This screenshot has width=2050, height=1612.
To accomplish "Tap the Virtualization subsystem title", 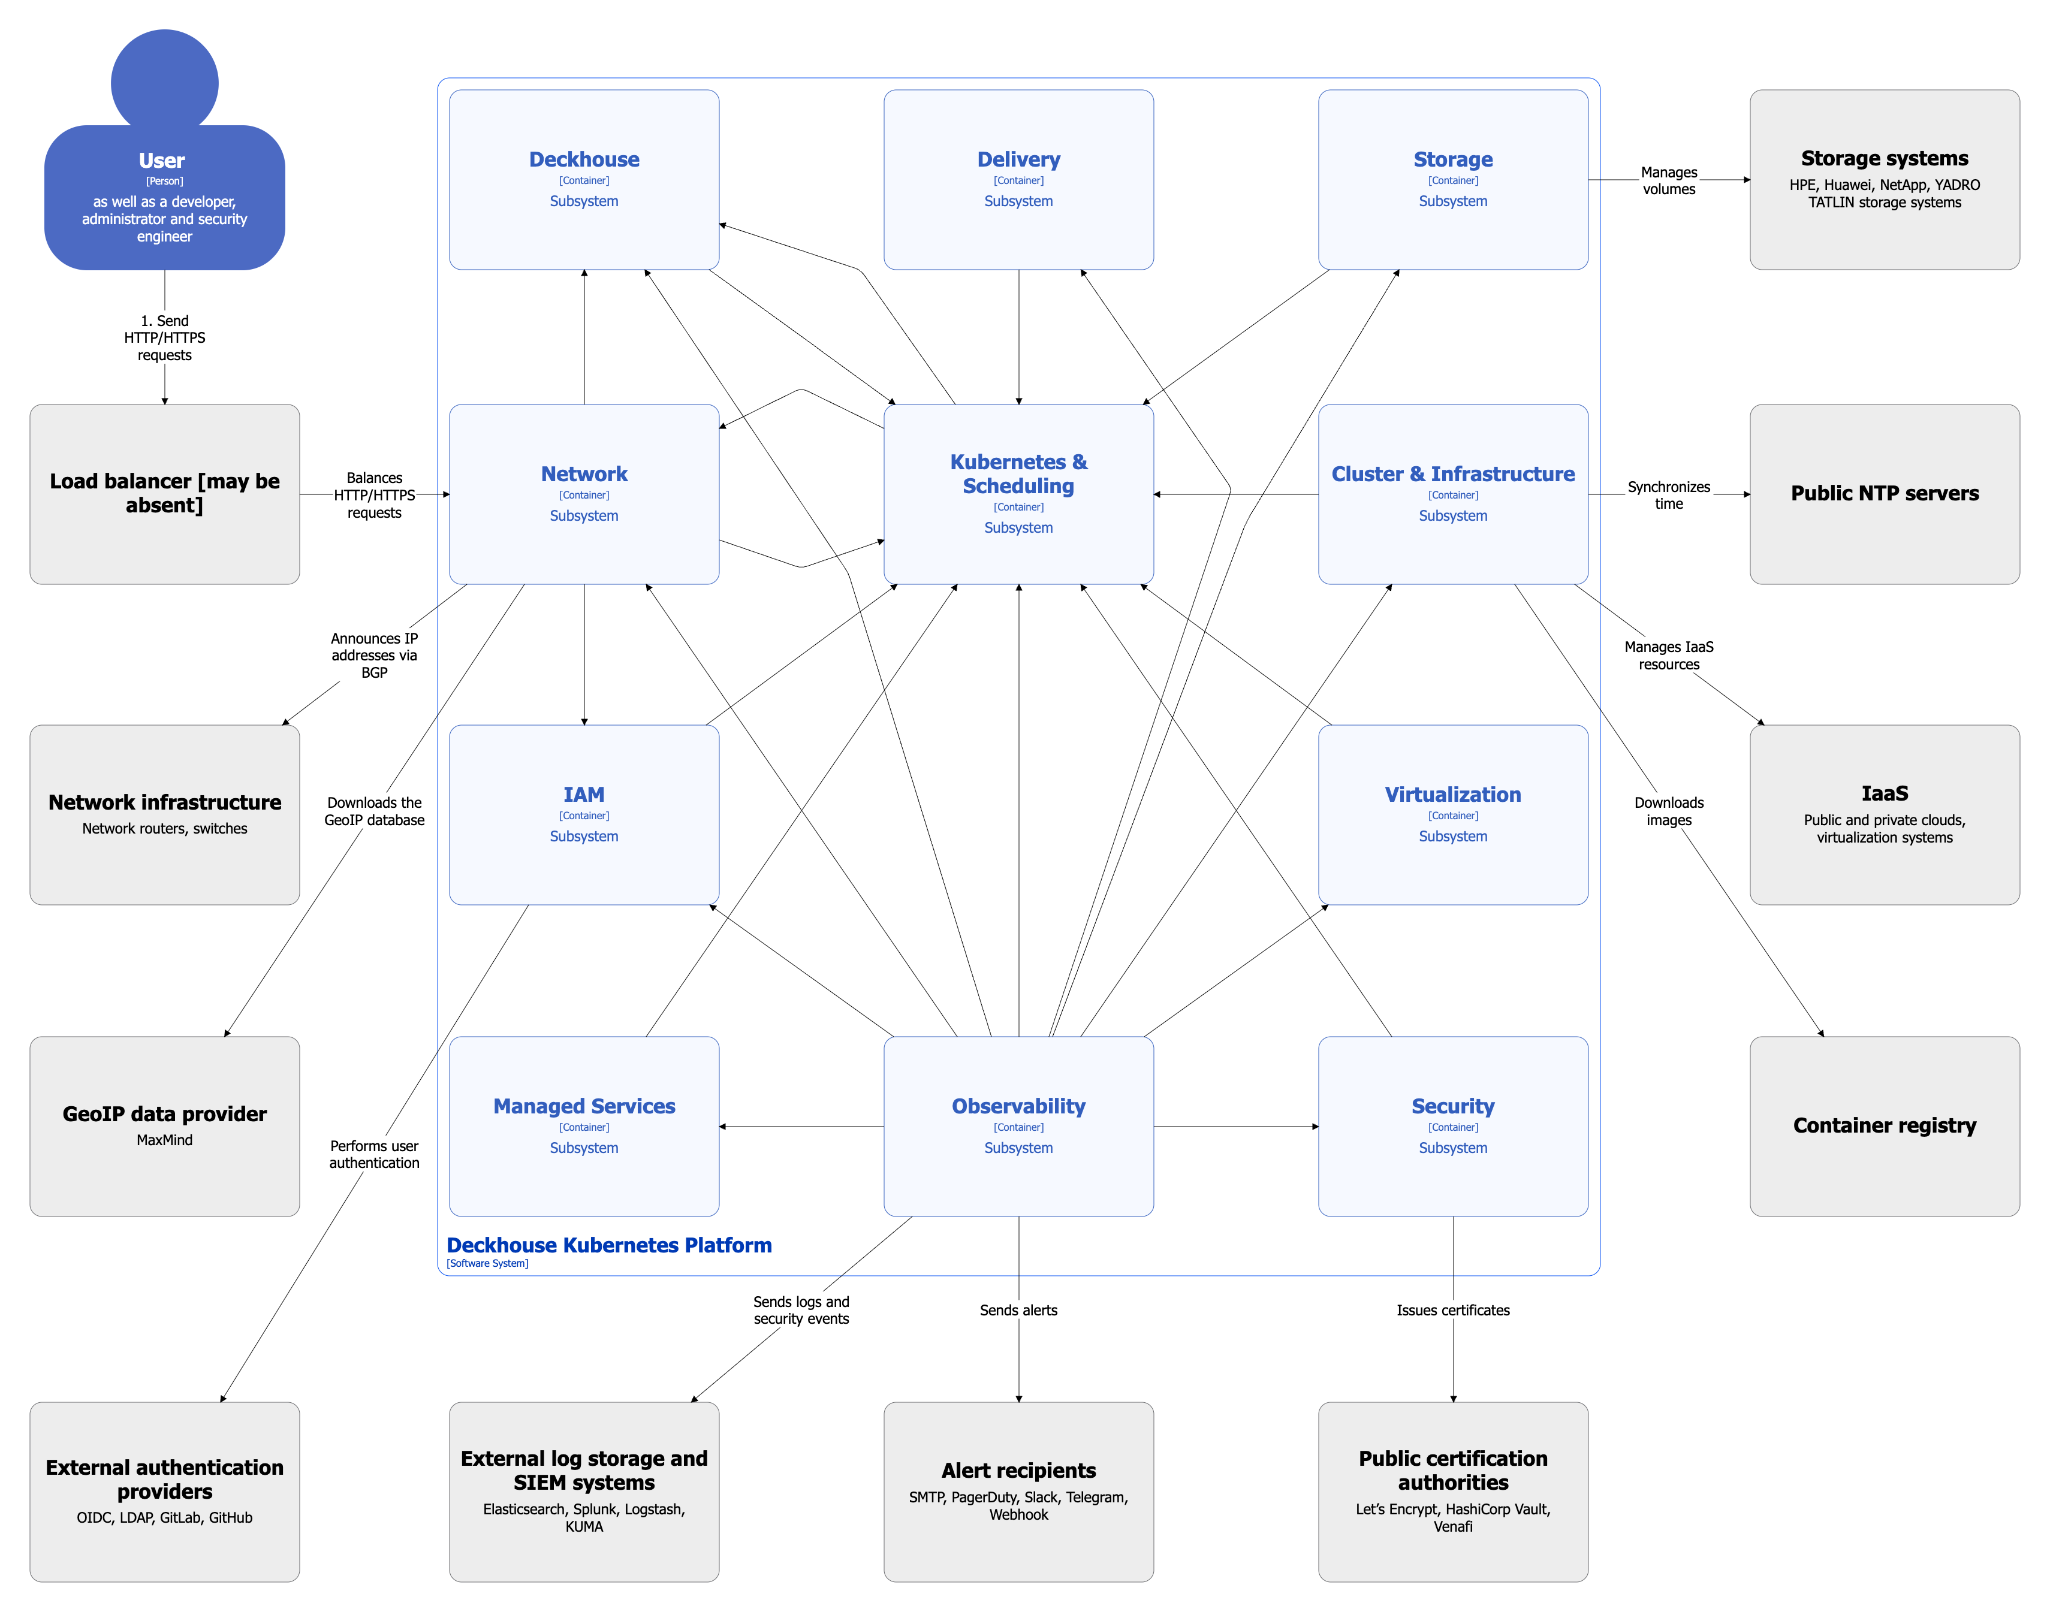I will click(x=1452, y=794).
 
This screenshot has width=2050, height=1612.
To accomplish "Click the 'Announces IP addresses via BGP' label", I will click(x=374, y=655).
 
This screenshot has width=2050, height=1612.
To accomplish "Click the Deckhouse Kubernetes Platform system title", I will click(x=609, y=1244).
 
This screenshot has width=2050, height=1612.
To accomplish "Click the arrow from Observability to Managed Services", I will click(x=802, y=1126).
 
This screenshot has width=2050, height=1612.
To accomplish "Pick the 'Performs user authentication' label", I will click(x=374, y=1154).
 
